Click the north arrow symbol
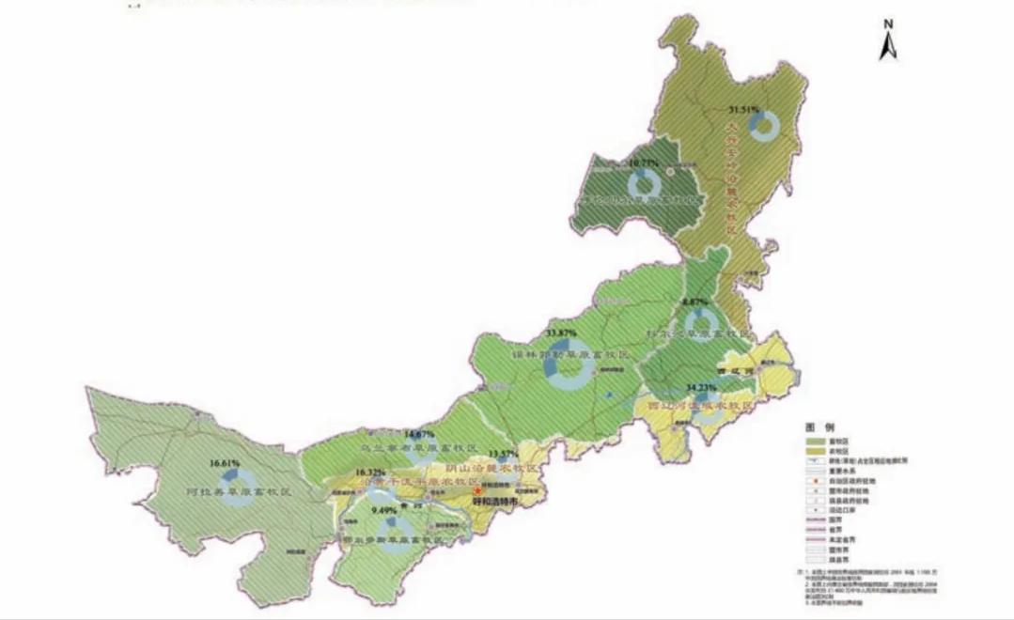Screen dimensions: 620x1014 pos(888,41)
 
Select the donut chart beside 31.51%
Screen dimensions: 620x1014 pos(769,125)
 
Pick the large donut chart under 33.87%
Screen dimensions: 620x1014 pos(569,369)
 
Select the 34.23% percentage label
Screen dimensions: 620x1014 pos(703,387)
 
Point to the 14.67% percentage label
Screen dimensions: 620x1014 pos(419,434)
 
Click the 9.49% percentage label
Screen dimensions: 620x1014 pos(385,510)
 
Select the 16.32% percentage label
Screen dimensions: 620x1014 pos(370,472)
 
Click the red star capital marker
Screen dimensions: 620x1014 pos(477,490)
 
